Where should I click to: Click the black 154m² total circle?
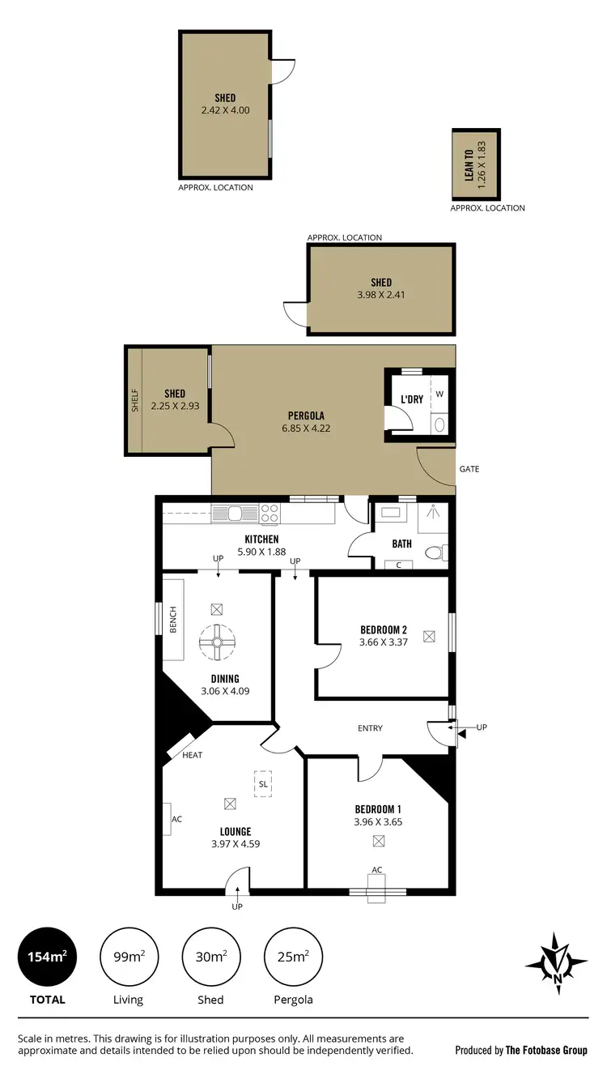[x=46, y=957]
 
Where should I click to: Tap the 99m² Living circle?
[x=128, y=957]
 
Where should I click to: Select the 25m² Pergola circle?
[x=293, y=957]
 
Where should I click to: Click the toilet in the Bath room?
[x=435, y=553]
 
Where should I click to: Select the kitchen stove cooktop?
[x=270, y=513]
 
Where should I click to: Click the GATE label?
[x=469, y=469]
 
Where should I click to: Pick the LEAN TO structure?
[x=476, y=164]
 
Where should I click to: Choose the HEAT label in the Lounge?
[x=193, y=755]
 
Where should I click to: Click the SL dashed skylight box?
[x=263, y=783]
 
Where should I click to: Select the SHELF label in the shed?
[x=135, y=401]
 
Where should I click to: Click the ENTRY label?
[x=370, y=728]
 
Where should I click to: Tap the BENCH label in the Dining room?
[x=173, y=620]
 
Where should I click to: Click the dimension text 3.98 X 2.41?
[x=381, y=295]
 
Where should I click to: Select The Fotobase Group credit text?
[x=546, y=1050]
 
